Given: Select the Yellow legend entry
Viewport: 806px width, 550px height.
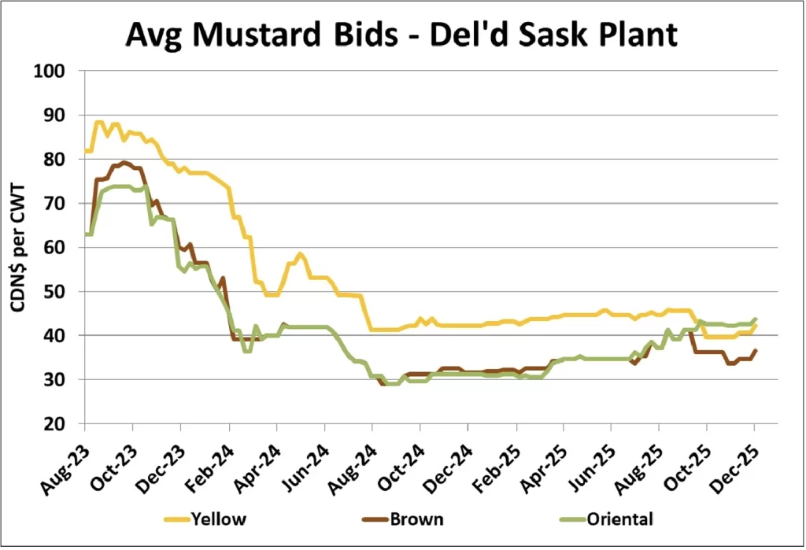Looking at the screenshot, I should coord(213,519).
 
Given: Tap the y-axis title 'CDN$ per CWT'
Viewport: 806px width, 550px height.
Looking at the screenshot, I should coord(17,248).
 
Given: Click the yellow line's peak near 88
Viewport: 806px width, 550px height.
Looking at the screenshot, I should coord(98,122).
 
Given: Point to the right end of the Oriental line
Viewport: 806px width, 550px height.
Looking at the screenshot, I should coord(756,319).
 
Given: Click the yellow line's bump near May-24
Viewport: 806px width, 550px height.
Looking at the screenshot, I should coord(300,254).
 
